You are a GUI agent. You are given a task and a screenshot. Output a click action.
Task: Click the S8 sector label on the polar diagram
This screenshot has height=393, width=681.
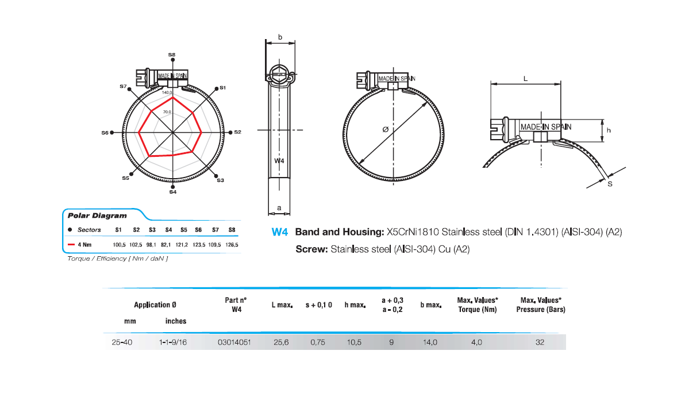(172, 55)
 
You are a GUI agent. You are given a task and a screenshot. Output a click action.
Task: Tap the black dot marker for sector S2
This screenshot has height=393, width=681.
(230, 132)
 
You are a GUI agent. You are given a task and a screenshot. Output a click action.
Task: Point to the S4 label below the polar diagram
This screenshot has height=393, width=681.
(172, 192)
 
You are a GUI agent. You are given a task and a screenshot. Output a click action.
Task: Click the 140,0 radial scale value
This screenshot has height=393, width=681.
(167, 92)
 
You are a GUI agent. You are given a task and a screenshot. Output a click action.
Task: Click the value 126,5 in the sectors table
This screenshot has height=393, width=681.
(232, 245)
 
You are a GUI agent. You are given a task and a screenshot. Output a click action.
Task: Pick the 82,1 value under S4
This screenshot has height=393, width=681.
(168, 245)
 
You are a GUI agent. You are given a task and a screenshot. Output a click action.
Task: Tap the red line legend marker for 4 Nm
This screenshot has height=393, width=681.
(72, 245)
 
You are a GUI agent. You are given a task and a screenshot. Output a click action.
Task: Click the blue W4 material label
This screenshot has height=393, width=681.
(279, 233)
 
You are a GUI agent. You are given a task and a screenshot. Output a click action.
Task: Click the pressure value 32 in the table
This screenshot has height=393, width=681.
(540, 342)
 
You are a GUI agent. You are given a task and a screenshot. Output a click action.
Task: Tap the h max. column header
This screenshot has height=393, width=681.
(355, 305)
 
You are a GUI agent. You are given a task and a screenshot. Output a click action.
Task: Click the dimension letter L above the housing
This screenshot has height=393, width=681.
(526, 80)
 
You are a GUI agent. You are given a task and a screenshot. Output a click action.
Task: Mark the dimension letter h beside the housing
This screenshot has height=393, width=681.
(609, 130)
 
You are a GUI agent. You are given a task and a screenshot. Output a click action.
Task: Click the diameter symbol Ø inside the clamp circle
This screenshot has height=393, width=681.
(385, 130)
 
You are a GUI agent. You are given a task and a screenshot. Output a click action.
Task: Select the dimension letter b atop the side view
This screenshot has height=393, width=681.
(280, 37)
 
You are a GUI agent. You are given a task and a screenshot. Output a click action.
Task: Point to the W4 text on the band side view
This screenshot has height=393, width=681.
(279, 161)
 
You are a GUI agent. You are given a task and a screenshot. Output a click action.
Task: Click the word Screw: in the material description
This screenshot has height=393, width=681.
(311, 250)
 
